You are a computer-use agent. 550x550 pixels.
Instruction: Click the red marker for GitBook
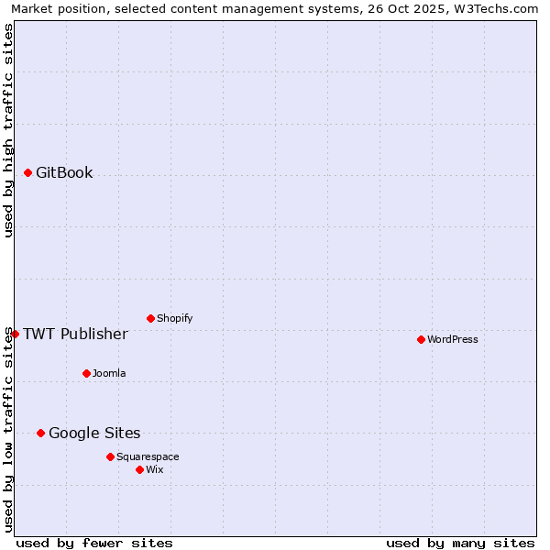pos(27,172)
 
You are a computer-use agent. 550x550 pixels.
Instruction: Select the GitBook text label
pos(64,172)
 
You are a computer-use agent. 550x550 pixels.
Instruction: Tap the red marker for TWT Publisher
pos(15,334)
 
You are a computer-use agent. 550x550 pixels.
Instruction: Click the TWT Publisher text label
pos(75,334)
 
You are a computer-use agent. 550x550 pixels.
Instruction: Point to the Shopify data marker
pos(150,318)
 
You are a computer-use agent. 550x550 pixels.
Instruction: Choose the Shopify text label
pos(174,318)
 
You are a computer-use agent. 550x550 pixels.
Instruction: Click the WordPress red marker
pos(421,339)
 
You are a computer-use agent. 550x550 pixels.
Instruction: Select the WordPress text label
pos(452,339)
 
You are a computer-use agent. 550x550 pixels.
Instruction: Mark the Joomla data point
pos(86,373)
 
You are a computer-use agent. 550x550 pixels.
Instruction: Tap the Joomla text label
pos(109,373)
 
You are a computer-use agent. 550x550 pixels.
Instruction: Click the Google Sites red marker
pos(40,433)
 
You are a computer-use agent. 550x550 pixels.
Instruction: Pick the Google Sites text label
pos(94,433)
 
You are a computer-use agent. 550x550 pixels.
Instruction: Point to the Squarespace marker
pos(110,456)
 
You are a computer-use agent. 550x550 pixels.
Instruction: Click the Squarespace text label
pos(148,456)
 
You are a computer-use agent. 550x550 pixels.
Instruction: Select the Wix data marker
pos(139,469)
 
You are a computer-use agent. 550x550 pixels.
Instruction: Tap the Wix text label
pos(155,469)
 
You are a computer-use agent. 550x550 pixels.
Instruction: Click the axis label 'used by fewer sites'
pos(94,543)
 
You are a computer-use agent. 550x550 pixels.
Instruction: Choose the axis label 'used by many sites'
pos(460,543)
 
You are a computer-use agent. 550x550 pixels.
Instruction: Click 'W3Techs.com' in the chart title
pos(499,9)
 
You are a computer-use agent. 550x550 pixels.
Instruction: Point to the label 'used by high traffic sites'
pos(9,130)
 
